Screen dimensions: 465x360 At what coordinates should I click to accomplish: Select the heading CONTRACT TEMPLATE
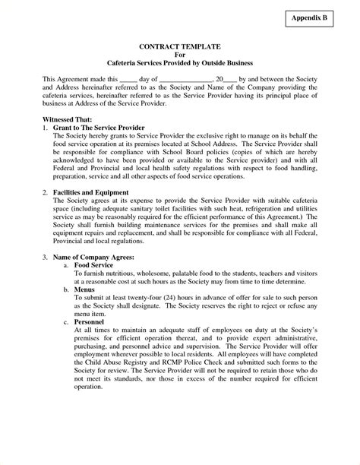(180, 46)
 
